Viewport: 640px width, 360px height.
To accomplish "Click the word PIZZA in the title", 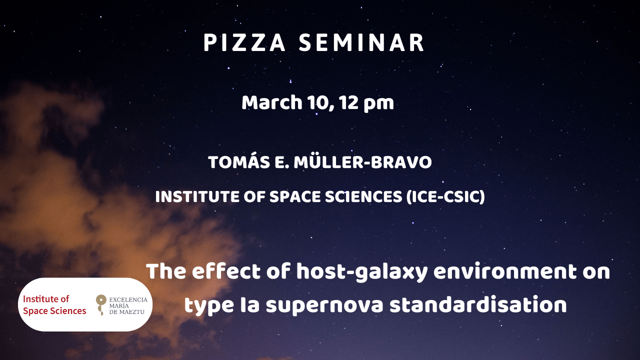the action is point(244,43).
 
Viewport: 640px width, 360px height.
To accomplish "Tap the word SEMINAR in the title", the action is point(361,43).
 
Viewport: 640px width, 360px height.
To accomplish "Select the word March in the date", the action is point(272,102).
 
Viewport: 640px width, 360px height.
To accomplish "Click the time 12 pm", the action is point(367,103).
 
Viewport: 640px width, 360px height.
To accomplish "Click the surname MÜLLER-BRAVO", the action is point(363,162).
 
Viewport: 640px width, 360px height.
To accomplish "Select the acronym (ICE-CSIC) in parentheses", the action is point(445,197).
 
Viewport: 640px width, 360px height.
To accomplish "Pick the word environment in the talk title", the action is point(505,271).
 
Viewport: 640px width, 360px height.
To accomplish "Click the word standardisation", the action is point(478,304).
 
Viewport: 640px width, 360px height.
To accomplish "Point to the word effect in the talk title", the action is point(226,271).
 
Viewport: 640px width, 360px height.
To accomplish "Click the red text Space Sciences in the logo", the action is point(54,311).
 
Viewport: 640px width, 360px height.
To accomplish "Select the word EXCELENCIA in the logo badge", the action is point(128,299).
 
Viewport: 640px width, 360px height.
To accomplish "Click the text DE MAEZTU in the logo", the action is point(127,312).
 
